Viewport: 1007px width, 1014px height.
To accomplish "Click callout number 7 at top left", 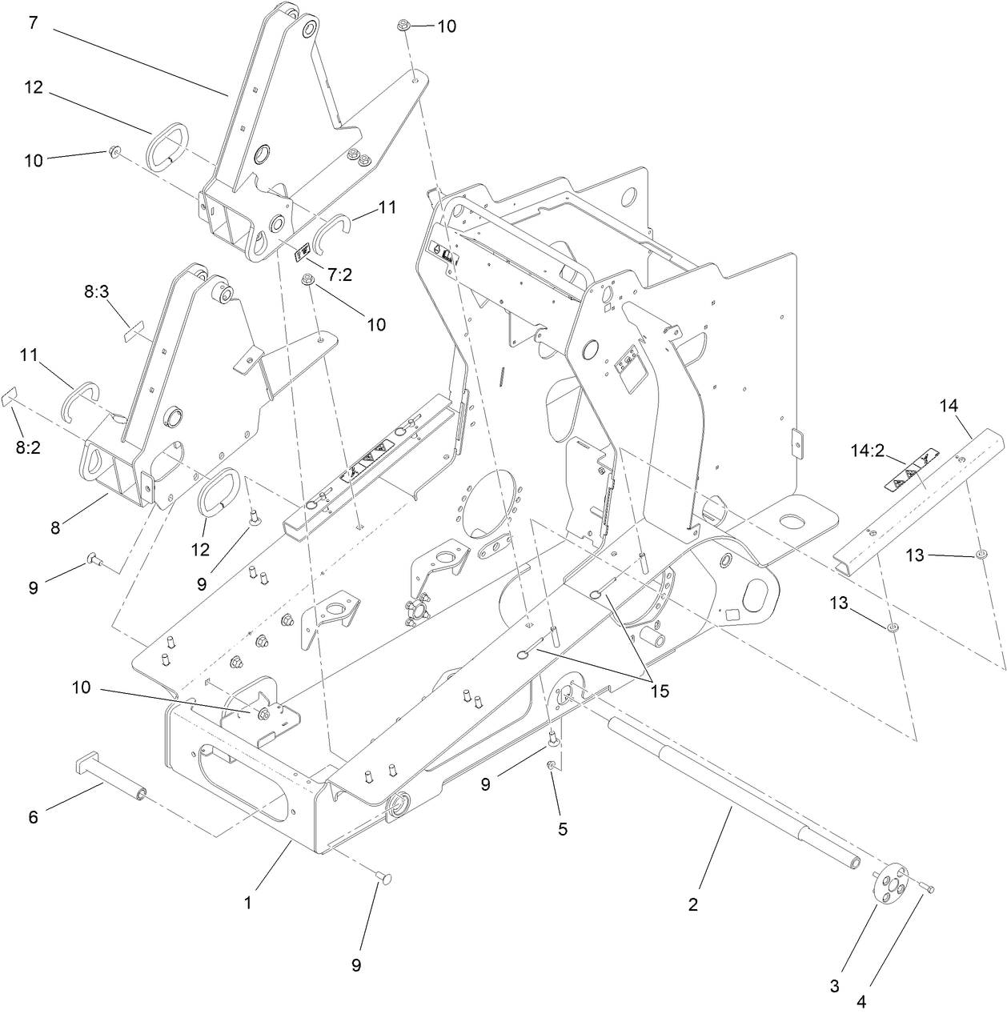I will coord(33,22).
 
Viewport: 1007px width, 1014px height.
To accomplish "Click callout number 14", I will coord(949,406).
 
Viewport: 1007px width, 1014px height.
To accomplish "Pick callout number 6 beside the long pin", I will coord(34,817).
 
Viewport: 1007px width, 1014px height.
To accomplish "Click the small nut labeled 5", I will coord(551,767).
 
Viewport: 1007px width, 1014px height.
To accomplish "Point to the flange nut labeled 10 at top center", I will coord(404,26).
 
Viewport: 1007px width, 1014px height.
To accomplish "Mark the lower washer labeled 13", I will coord(893,627).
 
